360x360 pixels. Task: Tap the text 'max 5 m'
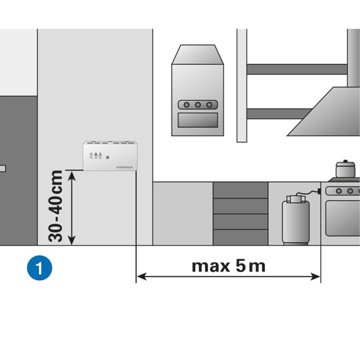[228, 265]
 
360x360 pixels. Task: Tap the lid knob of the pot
[344, 160]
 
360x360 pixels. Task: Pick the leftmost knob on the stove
[329, 191]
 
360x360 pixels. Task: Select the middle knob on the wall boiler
[196, 105]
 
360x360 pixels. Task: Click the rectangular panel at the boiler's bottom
[196, 120]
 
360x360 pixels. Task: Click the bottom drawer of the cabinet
[240, 237]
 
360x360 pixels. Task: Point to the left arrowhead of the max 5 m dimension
[140, 277]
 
